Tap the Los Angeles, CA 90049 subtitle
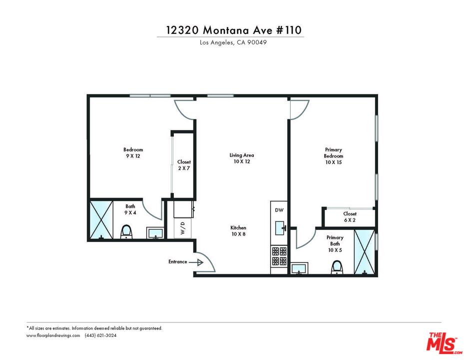[233, 43]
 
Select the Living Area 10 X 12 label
[242, 158]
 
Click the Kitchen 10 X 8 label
[238, 230]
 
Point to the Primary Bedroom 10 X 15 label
[333, 155]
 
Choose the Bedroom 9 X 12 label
[133, 152]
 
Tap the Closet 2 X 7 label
[184, 165]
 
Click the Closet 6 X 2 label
[350, 216]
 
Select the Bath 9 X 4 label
[130, 209]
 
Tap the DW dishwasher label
[279, 210]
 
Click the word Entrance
[177, 261]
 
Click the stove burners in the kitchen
[279, 256]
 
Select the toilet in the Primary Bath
[337, 267]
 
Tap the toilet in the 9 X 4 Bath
[126, 231]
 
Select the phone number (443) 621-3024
[100, 335]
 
